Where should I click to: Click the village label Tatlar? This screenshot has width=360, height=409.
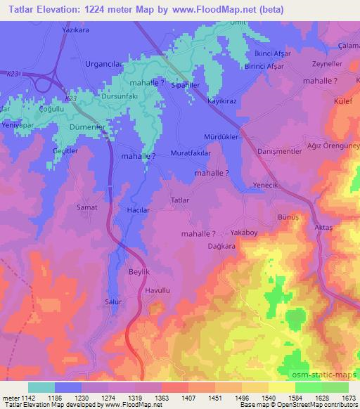(x=181, y=200)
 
